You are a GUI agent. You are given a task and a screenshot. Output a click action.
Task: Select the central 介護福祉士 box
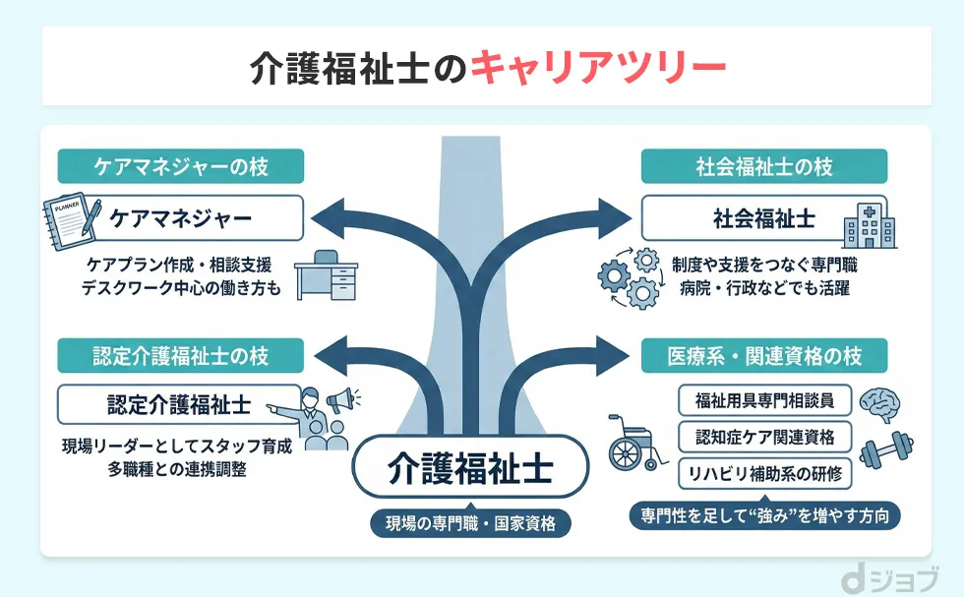(469, 465)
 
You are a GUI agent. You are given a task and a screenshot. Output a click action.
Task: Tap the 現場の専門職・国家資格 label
(469, 523)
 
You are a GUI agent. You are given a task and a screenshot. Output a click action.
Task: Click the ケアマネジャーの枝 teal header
(180, 166)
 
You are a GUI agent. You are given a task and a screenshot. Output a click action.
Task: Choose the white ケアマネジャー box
(180, 217)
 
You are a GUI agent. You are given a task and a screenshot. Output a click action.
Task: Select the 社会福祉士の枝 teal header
(763, 166)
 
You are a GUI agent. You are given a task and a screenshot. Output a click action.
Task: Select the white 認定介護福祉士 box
(179, 404)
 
